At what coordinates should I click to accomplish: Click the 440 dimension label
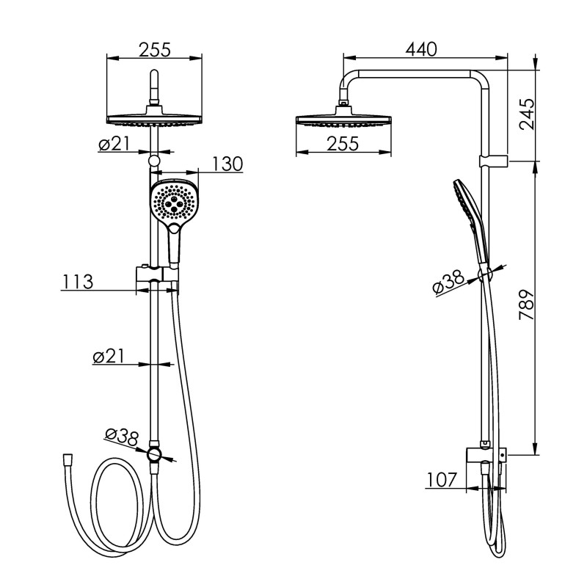pos(421,50)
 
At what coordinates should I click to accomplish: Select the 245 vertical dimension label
pos(526,114)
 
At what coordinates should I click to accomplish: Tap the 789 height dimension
pos(526,304)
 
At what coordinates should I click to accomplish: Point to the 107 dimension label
pos(442,480)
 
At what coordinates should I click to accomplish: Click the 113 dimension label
pos(78,282)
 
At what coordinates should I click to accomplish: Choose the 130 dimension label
pos(227,164)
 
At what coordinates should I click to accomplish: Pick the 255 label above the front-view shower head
pos(155,50)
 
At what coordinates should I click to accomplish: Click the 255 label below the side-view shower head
pos(343,144)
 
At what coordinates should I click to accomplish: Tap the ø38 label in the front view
pos(122,437)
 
